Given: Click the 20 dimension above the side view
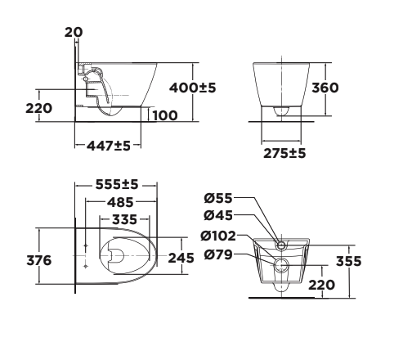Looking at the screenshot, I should click(x=74, y=33).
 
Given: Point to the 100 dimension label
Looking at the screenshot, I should click(x=164, y=115).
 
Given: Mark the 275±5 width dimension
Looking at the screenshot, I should click(x=283, y=152).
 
